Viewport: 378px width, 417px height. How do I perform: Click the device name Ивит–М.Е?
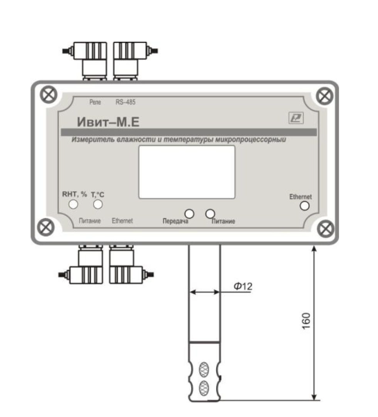click(x=108, y=122)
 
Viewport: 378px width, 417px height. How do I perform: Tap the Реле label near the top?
click(x=95, y=102)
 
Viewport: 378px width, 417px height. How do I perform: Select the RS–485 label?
click(x=126, y=102)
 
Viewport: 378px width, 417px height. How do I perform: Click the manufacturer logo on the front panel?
click(x=296, y=118)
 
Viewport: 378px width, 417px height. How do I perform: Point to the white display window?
click(x=187, y=172)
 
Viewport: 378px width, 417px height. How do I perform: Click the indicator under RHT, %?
click(x=74, y=204)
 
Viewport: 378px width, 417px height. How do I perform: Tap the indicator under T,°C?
click(x=98, y=204)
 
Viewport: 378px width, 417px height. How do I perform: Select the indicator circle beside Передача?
click(x=189, y=213)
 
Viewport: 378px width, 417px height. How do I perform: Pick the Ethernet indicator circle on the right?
click(x=304, y=206)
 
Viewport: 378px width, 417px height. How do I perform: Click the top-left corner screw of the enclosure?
click(x=49, y=95)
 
